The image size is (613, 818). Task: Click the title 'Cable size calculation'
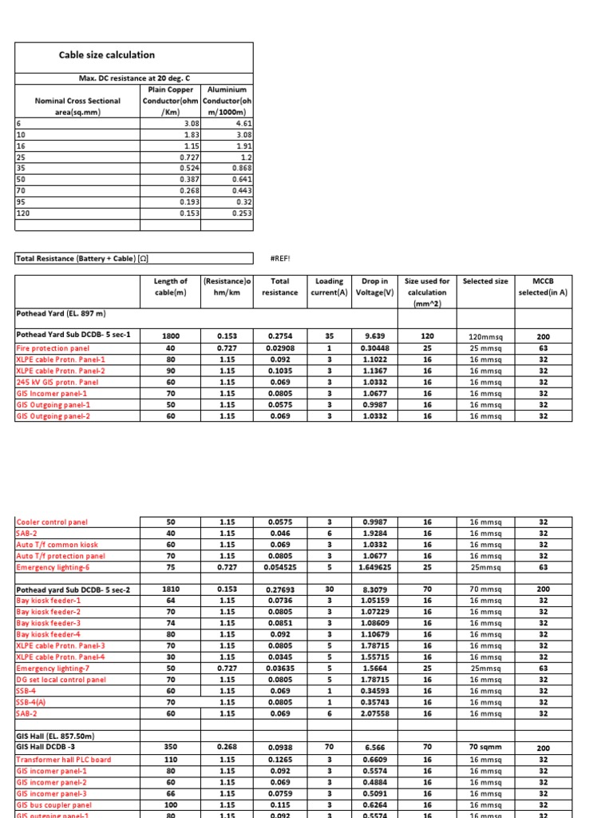[x=107, y=55]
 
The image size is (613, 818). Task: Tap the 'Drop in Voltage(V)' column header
[x=374, y=287]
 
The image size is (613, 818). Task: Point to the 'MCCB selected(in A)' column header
[x=544, y=287]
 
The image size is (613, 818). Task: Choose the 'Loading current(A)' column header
[x=328, y=287]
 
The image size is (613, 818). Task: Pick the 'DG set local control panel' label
[x=61, y=680]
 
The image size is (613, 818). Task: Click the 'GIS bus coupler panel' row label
[x=53, y=805]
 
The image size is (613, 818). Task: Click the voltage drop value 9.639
[x=374, y=336]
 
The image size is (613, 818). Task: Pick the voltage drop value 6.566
[x=374, y=749]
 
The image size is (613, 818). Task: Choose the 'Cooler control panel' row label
[x=52, y=522]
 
